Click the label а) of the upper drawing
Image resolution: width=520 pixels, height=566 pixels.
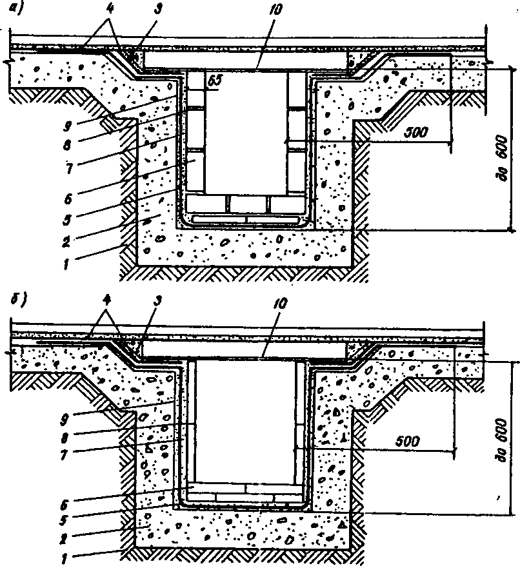[16, 7]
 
